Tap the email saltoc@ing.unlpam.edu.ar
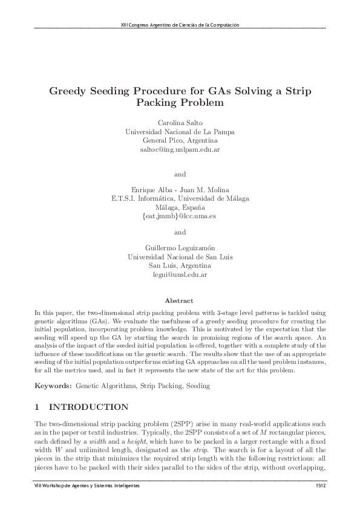coord(180,149)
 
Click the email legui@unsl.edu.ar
coord(180,274)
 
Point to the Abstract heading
coord(180,300)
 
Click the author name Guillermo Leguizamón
coord(180,247)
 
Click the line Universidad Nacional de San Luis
coord(180,256)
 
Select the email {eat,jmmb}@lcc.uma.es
coord(180,216)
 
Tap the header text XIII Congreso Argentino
coord(180,25)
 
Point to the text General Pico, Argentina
coord(180,140)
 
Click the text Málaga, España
coord(180,207)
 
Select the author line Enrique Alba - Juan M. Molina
coord(180,189)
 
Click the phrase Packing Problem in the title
coord(180,103)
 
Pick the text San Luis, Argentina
coord(180,265)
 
